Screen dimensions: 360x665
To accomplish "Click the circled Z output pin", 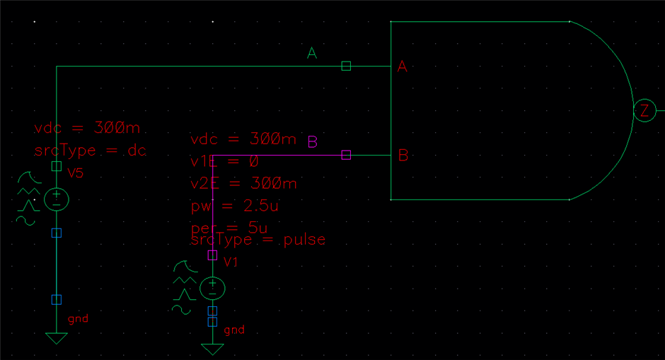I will (644, 111).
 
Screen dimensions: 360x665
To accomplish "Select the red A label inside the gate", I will (403, 66).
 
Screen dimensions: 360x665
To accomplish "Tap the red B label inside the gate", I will (403, 156).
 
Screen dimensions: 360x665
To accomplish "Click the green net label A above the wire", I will (312, 53).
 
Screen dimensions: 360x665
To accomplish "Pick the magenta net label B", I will (312, 142).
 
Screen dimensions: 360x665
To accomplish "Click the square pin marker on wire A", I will (346, 66).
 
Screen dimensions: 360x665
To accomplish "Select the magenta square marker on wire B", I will (346, 155).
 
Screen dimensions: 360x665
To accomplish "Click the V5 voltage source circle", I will (57, 199).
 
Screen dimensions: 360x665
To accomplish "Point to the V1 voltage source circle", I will (212, 288).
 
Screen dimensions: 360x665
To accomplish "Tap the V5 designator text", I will (75, 173).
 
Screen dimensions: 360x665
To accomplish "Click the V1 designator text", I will (231, 262).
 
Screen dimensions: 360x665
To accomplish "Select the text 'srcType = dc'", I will (90, 150).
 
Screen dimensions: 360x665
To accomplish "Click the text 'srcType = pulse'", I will (258, 240).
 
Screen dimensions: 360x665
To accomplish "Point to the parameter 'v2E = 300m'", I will (244, 184).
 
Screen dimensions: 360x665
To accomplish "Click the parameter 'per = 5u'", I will (229, 228).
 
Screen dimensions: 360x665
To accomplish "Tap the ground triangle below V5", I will (57, 337).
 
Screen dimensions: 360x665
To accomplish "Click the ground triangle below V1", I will (212, 349).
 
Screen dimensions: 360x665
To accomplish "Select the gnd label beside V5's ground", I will (78, 319).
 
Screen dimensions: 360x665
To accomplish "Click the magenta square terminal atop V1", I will (212, 255).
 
